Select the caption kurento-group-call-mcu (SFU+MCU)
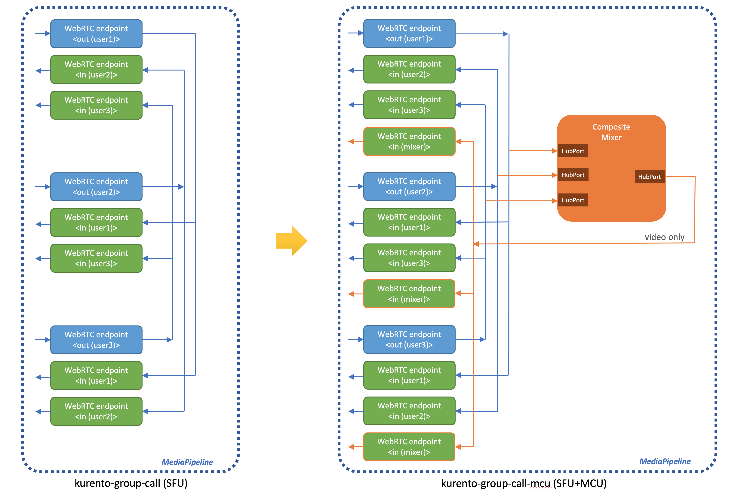pos(524,483)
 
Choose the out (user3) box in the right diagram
pos(409,339)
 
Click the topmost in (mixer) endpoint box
pos(409,141)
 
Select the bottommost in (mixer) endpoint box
pos(409,447)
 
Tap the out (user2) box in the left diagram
pos(96,187)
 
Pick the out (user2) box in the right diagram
pos(409,186)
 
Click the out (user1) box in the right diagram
pos(409,33)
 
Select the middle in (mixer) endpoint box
pos(409,294)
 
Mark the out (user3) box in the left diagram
pos(96,340)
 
